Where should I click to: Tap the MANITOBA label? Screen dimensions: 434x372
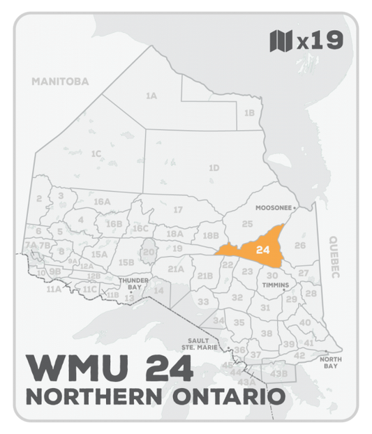point(61,82)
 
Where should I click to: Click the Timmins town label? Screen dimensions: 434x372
point(275,285)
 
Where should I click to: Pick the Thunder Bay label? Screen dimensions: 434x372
point(133,284)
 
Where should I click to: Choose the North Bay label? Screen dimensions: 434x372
point(331,363)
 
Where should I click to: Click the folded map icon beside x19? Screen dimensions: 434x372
point(280,41)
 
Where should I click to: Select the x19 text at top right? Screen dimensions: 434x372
point(320,41)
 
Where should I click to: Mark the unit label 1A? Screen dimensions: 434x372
point(151,96)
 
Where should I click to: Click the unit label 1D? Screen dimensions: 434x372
point(214,167)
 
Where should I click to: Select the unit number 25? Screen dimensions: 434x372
point(247,223)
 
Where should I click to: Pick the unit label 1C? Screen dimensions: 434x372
point(96,153)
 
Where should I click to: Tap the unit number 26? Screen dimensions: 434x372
point(300,245)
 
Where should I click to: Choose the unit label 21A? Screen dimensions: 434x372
point(176,269)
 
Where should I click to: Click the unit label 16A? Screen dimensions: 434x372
point(102,202)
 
